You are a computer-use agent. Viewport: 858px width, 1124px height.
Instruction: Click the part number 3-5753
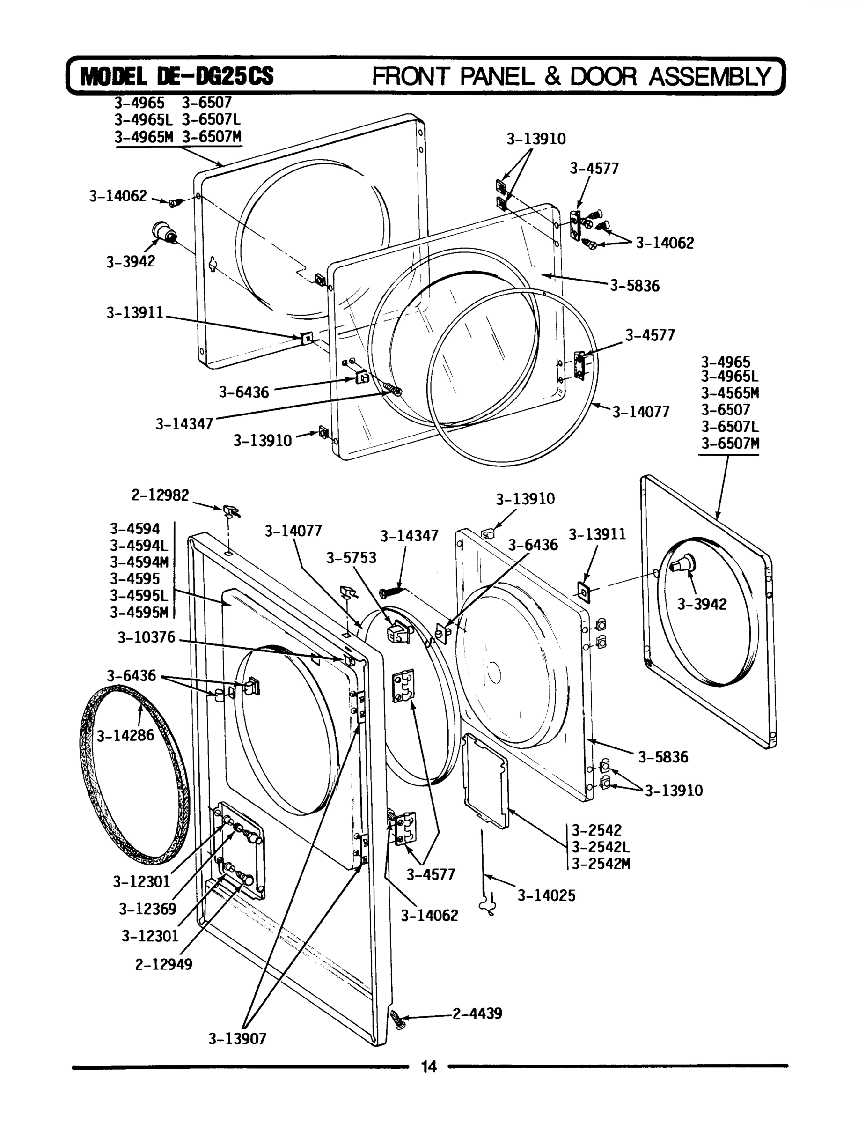[x=351, y=557]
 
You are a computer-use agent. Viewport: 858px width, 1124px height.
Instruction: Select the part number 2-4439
[x=477, y=1013]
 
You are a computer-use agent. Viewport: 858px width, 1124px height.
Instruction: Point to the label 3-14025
[x=546, y=895]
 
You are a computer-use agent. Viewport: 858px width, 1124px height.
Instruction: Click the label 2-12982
[x=160, y=495]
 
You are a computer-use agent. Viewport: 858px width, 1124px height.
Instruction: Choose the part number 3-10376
[x=146, y=637]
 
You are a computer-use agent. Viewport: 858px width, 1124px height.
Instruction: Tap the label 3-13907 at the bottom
[x=237, y=1039]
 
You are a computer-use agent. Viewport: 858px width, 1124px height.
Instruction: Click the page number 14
[x=428, y=1067]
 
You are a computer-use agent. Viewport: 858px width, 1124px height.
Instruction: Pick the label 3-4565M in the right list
[x=730, y=393]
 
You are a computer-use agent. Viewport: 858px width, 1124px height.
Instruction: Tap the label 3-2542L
[x=600, y=847]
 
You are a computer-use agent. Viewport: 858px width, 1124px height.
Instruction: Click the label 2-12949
[x=163, y=964]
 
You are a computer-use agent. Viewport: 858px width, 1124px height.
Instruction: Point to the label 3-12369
[x=147, y=909]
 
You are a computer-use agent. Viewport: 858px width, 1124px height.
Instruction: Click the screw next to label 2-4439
[x=396, y=1018]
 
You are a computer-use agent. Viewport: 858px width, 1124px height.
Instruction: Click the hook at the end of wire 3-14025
[x=488, y=905]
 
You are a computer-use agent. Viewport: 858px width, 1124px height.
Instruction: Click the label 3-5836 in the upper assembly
[x=635, y=286]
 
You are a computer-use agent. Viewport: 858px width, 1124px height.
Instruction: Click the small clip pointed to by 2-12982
[x=231, y=510]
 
